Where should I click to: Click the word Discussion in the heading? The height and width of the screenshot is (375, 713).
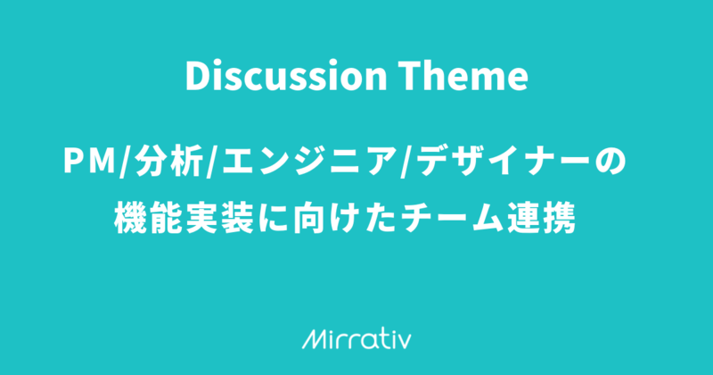coord(286,76)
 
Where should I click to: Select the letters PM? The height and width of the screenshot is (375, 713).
coord(90,162)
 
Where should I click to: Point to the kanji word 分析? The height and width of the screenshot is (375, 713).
coord(168,162)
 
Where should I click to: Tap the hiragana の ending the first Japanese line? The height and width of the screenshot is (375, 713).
coord(611,162)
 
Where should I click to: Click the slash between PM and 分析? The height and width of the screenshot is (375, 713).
coord(125,162)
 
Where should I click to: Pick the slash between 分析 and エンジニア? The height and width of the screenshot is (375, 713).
coord(212,162)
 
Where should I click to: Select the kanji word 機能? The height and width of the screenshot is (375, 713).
coord(149,218)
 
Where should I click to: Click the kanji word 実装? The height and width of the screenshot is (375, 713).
coord(219,218)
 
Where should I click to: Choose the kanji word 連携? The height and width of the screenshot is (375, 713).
coord(539,218)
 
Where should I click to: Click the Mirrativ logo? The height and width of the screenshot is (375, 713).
coord(356,339)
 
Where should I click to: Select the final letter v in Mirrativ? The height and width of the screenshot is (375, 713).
coord(405,342)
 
